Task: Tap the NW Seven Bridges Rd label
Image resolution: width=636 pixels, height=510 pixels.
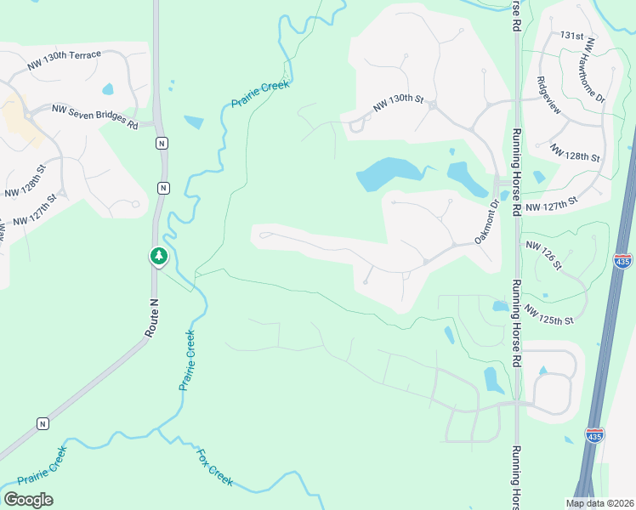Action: (94, 116)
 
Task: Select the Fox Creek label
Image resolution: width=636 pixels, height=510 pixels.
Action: (215, 467)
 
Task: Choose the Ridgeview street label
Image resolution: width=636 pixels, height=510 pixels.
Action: (548, 102)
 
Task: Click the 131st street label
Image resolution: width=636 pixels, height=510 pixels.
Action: (571, 37)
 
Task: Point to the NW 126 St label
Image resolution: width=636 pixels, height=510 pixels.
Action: (544, 256)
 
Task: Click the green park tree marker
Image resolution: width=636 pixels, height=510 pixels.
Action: (158, 255)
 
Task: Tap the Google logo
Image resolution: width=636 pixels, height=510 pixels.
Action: (28, 500)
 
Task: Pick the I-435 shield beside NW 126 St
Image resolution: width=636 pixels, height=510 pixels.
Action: (622, 260)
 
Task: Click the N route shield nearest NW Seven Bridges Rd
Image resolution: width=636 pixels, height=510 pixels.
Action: (161, 143)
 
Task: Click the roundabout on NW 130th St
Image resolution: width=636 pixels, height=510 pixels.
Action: (433, 106)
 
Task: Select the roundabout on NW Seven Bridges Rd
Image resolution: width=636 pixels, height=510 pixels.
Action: (29, 114)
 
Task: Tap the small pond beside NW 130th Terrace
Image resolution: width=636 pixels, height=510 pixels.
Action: (108, 89)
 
